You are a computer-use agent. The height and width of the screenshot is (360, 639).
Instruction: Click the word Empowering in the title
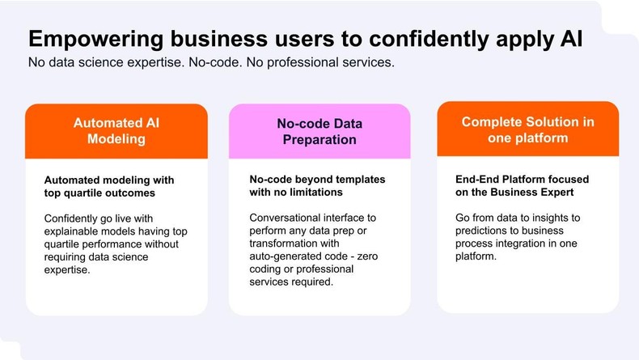[96, 40]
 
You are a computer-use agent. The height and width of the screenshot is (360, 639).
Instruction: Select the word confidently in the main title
[429, 40]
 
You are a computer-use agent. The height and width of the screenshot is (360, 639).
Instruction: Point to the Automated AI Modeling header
[116, 131]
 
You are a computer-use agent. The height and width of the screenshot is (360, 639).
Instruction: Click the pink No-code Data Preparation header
[319, 131]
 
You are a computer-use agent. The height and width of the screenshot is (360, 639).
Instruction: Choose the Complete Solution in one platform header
[527, 129]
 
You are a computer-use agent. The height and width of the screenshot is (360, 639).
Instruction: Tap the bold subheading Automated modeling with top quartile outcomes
[109, 186]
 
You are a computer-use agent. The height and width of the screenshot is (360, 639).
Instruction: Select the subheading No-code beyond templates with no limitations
[317, 185]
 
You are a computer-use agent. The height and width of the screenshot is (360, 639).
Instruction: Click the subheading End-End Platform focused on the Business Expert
[522, 185]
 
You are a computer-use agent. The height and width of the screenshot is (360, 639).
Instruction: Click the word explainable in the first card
[67, 231]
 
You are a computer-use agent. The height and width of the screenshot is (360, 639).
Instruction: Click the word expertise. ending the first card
[67, 270]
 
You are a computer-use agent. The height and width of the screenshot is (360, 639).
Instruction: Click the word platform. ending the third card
[476, 256]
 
